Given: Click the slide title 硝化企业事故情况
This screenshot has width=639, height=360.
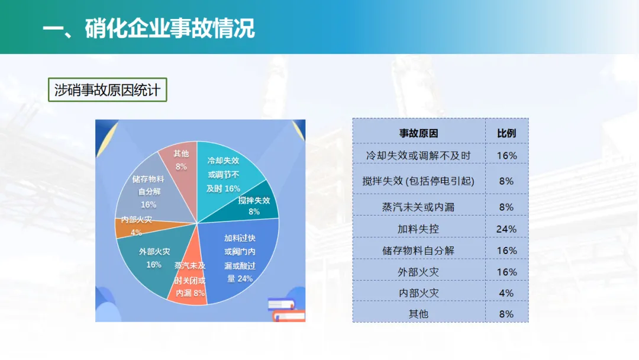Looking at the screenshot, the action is click(170, 28).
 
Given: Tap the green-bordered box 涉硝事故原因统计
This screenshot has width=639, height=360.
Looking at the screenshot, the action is click(108, 89).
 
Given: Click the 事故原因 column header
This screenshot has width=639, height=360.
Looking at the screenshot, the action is click(418, 133).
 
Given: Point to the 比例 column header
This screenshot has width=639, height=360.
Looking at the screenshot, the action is click(506, 133).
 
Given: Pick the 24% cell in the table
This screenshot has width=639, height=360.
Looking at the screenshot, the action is click(506, 229).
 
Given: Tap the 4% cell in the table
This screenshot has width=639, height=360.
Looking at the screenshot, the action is click(506, 293).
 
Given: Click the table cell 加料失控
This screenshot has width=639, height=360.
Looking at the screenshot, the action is click(418, 229).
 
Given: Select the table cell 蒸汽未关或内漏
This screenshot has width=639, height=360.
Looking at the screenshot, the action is click(418, 207).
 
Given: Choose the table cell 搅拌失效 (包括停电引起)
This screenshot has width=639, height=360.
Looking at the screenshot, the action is click(418, 181).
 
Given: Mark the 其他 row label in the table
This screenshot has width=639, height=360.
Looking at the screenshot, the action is click(418, 314).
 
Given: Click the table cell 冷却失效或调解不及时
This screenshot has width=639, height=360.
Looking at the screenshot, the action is click(418, 155).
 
